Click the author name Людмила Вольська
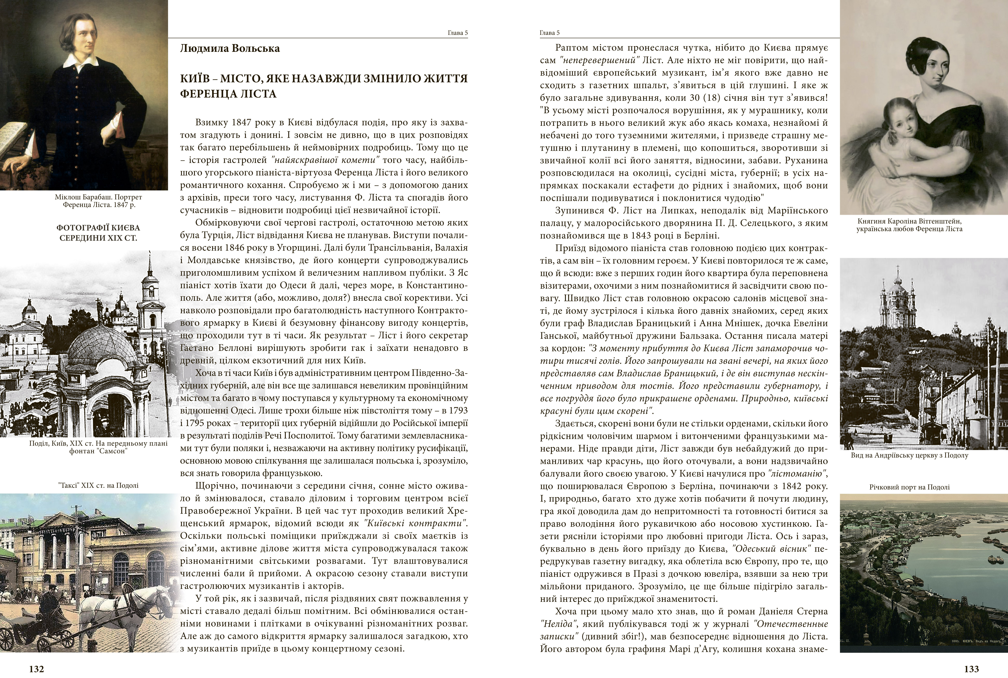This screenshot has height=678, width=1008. [230, 48]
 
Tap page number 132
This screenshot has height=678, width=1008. [36, 669]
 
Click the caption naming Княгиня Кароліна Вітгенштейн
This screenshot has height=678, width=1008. [909, 225]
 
